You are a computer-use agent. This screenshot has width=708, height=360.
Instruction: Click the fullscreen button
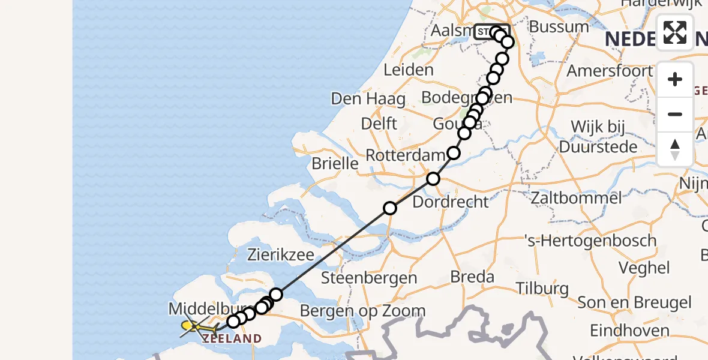coord(675,32)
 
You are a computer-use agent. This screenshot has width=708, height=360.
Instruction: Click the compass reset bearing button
coord(675,149)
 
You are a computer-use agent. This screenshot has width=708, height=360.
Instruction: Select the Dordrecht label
coord(451,202)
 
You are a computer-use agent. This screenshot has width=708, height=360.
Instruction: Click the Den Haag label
coord(368,98)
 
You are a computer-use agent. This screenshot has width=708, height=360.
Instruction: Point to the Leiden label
coord(408,70)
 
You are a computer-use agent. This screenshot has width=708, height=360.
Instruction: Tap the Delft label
coord(379,124)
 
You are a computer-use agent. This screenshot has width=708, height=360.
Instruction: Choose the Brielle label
coord(335,163)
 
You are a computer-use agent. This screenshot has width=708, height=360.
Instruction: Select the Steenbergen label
coord(369,278)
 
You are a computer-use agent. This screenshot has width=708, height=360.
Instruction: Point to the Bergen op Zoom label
coord(362,311)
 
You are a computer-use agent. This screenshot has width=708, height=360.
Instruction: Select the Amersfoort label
coord(610,70)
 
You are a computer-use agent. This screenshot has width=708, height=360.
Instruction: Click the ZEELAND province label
coord(232,339)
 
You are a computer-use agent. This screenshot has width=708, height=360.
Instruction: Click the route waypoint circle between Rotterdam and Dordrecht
coord(433,179)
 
